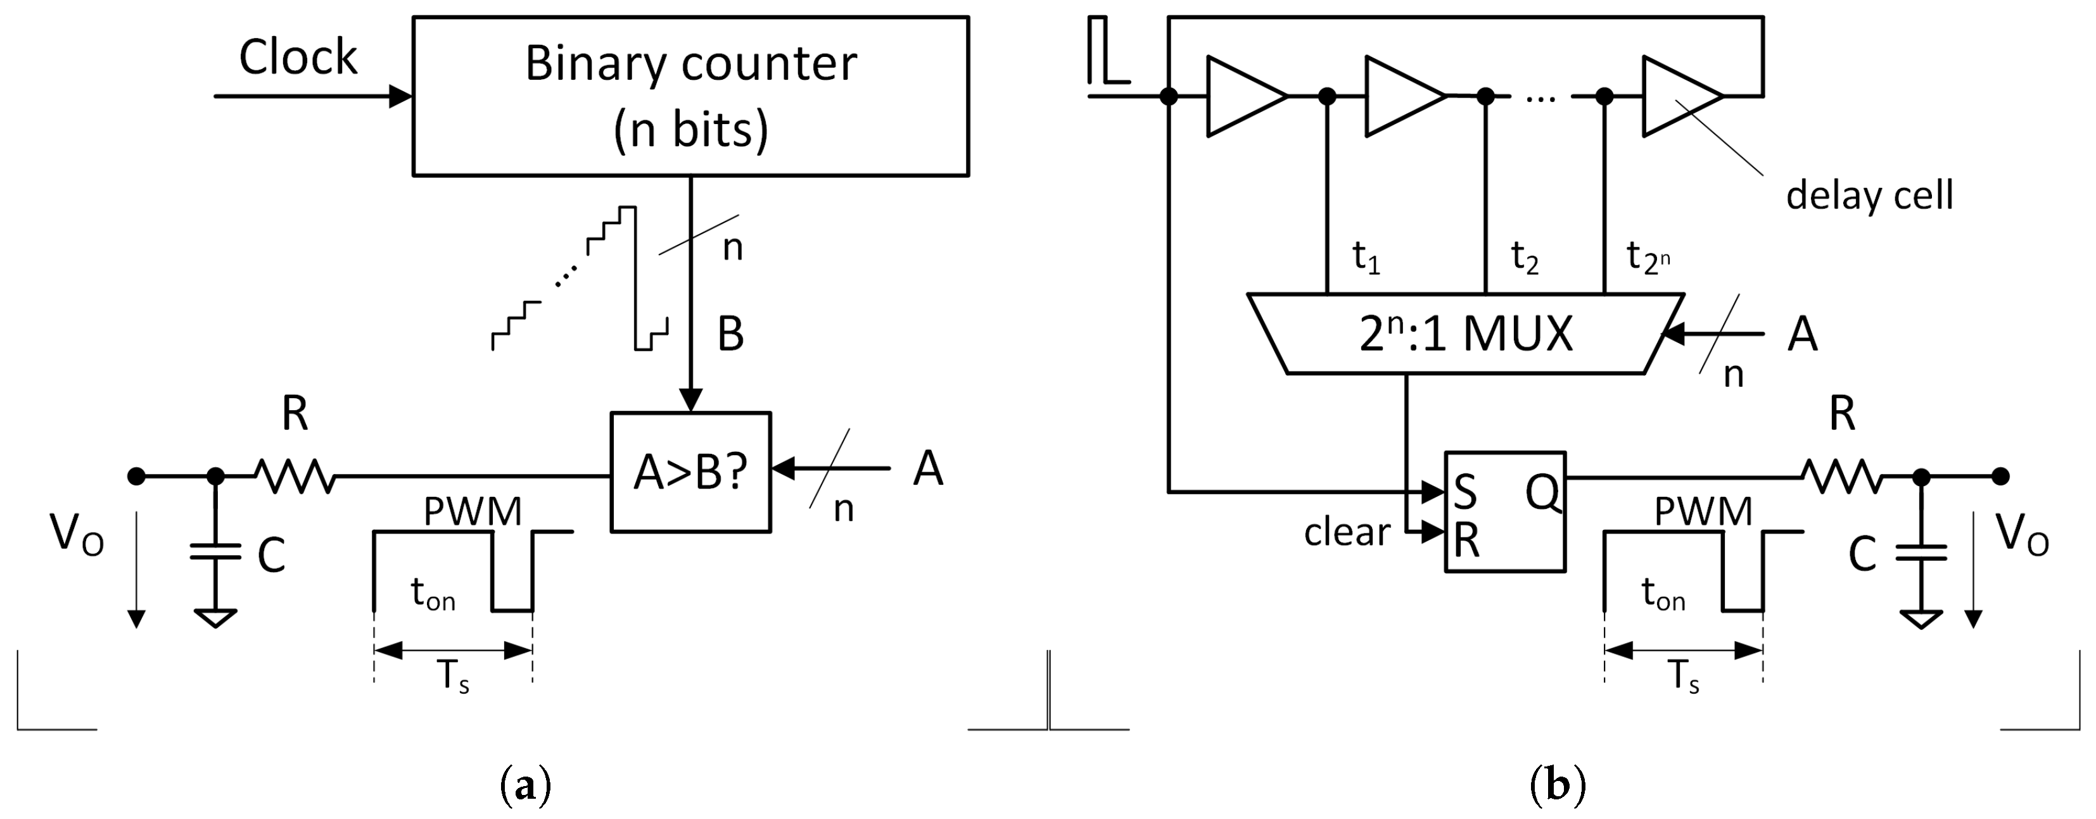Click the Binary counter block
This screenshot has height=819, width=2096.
point(690,96)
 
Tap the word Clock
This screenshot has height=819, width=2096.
point(298,58)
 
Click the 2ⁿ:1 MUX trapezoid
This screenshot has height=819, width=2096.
point(1464,334)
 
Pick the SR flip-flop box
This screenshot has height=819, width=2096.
point(1504,511)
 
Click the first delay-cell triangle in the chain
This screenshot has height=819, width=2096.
point(1243,96)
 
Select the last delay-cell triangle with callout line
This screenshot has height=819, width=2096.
point(1678,96)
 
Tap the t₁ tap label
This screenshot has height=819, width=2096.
point(1365,258)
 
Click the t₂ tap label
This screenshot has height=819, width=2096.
point(1524,258)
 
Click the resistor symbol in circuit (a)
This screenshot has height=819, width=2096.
point(295,476)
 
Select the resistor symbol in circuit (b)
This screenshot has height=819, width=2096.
point(1841,476)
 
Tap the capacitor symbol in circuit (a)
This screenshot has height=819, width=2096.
point(215,553)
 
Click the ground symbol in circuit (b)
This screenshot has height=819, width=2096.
point(1921,619)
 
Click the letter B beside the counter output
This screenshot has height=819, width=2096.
point(730,334)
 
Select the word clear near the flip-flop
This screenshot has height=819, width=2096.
point(1347,533)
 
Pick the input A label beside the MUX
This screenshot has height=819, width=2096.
point(1801,334)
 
